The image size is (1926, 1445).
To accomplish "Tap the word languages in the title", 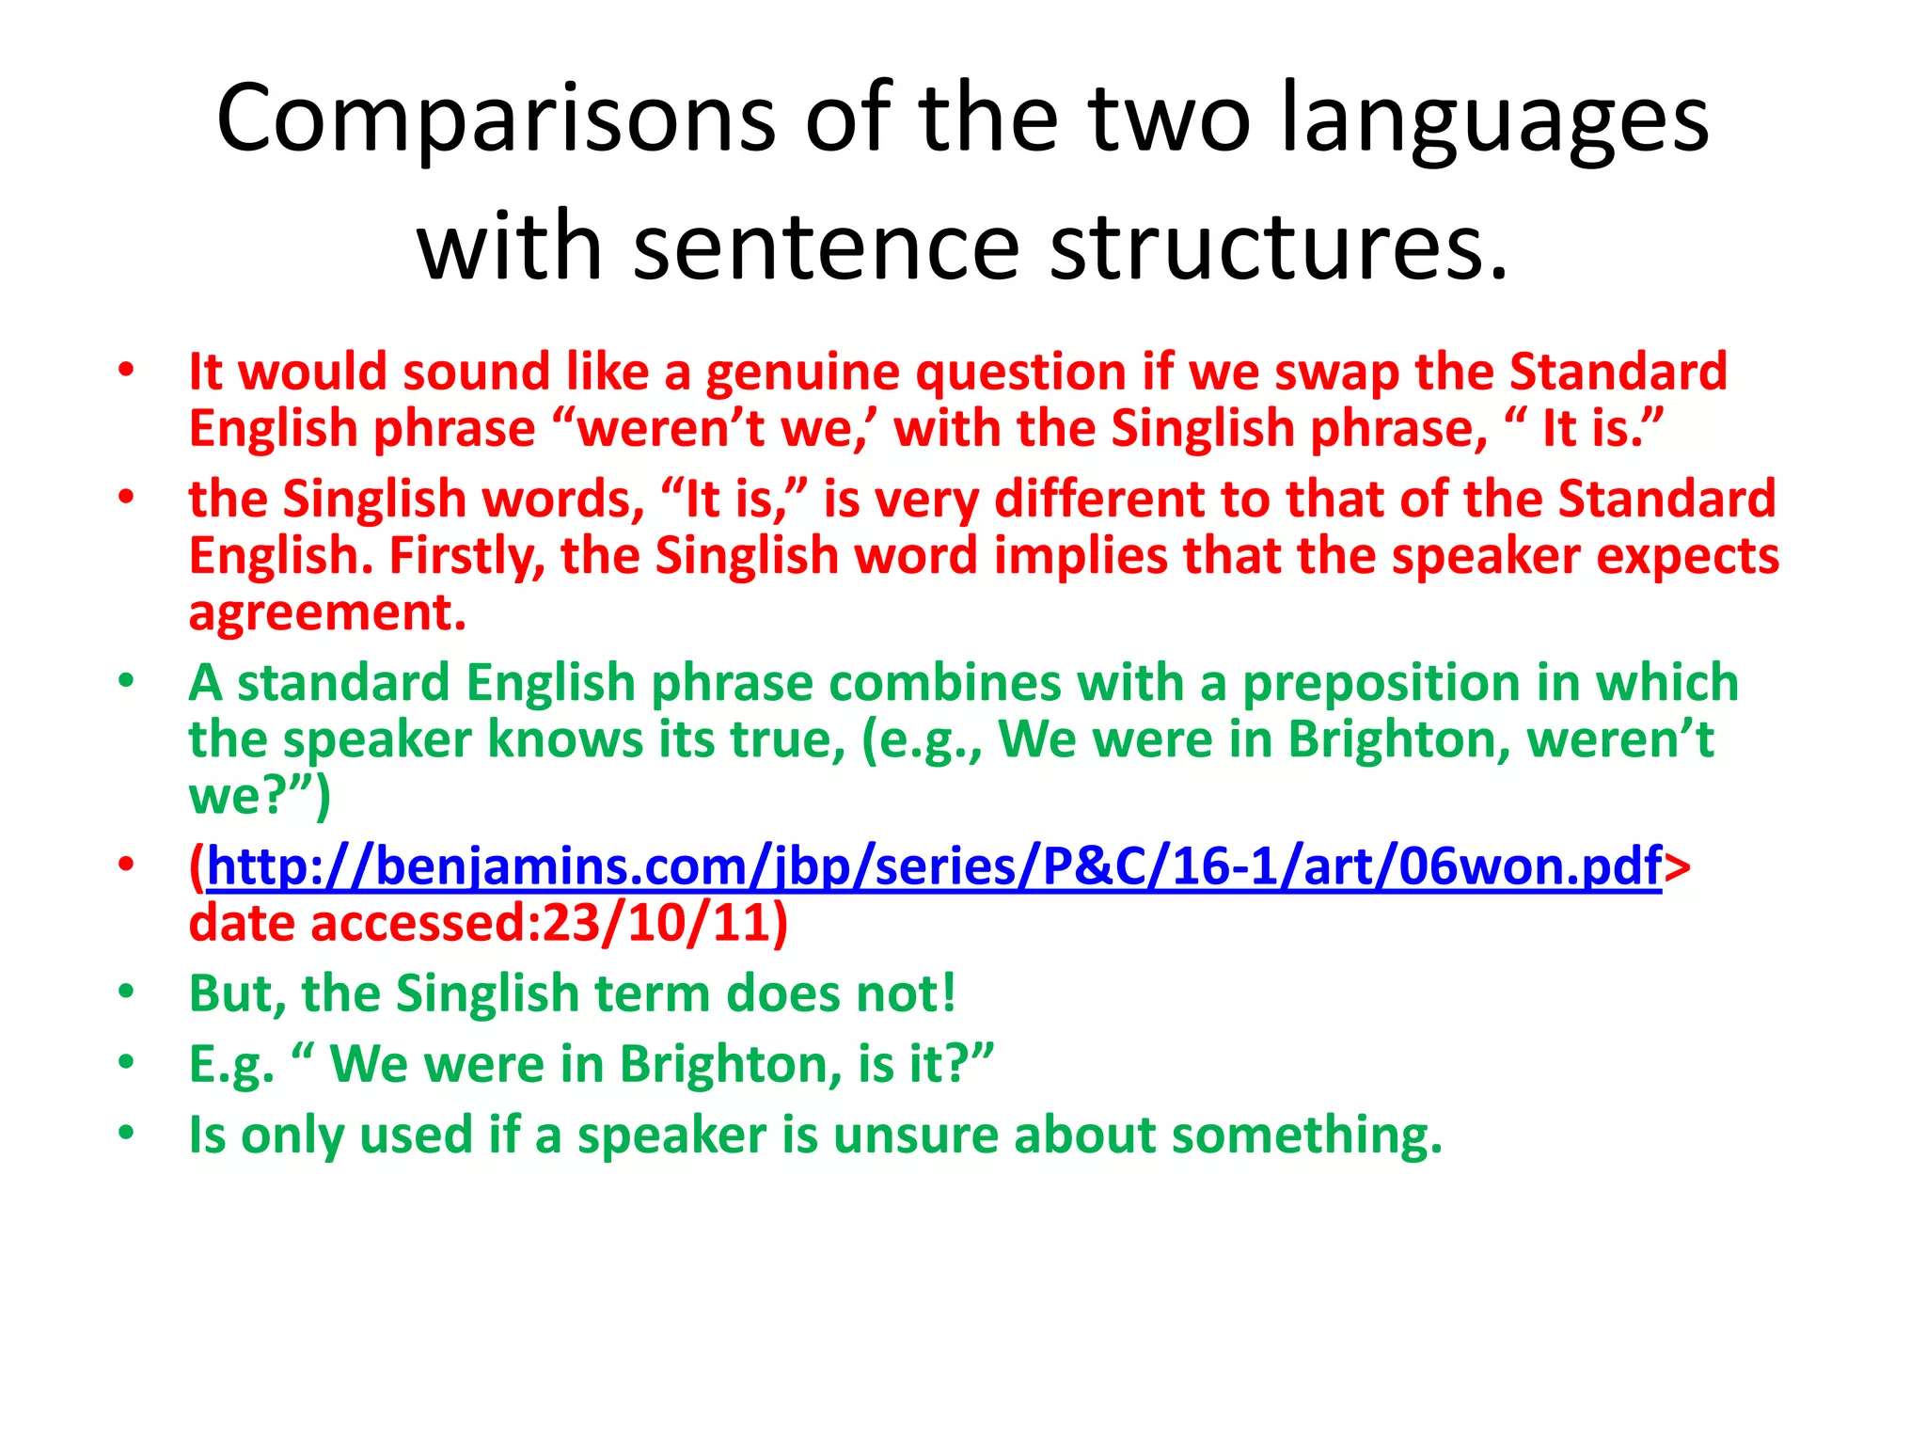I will (1494, 119).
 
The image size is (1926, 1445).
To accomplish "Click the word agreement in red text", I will (327, 613).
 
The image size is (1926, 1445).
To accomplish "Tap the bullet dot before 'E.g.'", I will (126, 1062).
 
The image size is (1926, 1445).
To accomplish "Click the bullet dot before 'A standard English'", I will (126, 680).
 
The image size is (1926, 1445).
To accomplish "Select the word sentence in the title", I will (827, 246).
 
